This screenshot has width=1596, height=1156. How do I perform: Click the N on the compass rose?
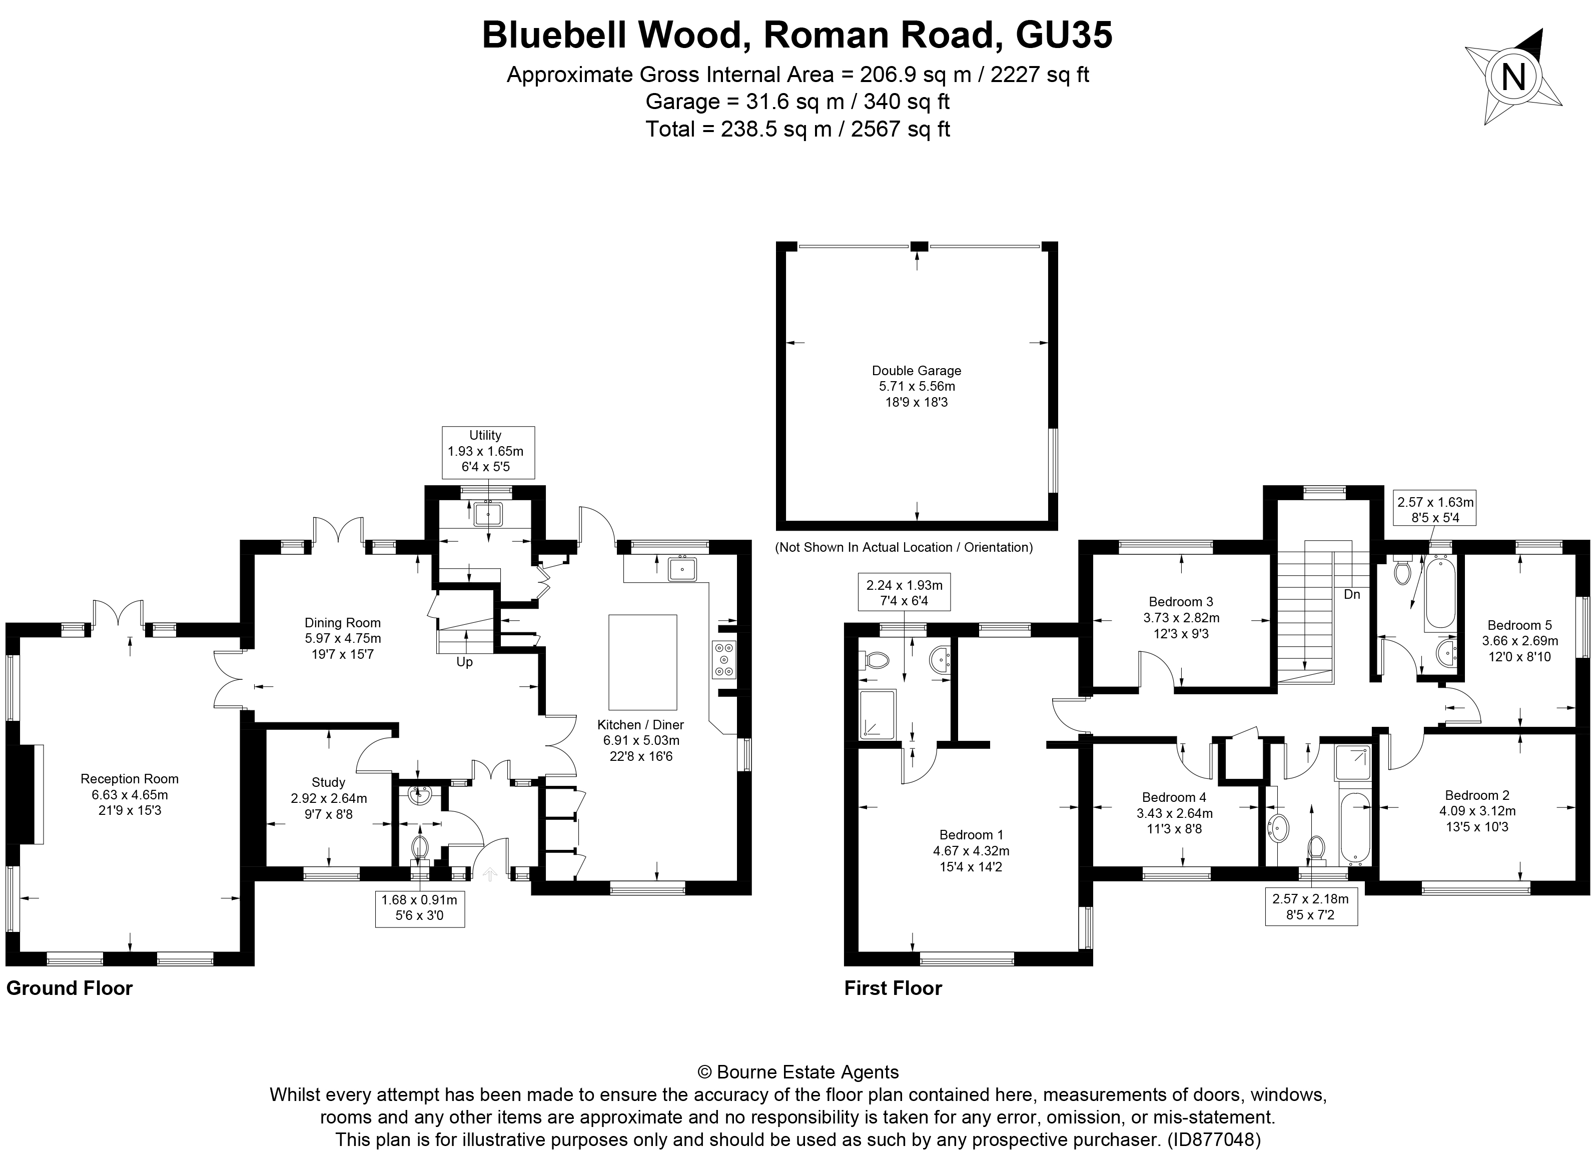1513,78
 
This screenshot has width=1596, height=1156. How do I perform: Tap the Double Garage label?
916,371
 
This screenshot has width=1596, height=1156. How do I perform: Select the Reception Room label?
130,779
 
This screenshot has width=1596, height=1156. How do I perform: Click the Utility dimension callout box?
488,452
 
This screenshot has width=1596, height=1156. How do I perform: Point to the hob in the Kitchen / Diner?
723,660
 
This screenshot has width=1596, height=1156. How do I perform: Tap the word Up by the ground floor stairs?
464,662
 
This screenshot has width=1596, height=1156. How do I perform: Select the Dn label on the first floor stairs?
1352,594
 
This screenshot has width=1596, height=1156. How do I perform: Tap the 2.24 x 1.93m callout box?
904,592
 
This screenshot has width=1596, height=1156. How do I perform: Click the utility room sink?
488,514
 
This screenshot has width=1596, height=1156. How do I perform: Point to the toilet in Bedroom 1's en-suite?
875,660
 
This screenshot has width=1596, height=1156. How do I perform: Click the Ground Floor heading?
69,988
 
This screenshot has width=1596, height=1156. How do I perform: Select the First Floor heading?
892,988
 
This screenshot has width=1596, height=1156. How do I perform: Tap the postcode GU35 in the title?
1064,35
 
